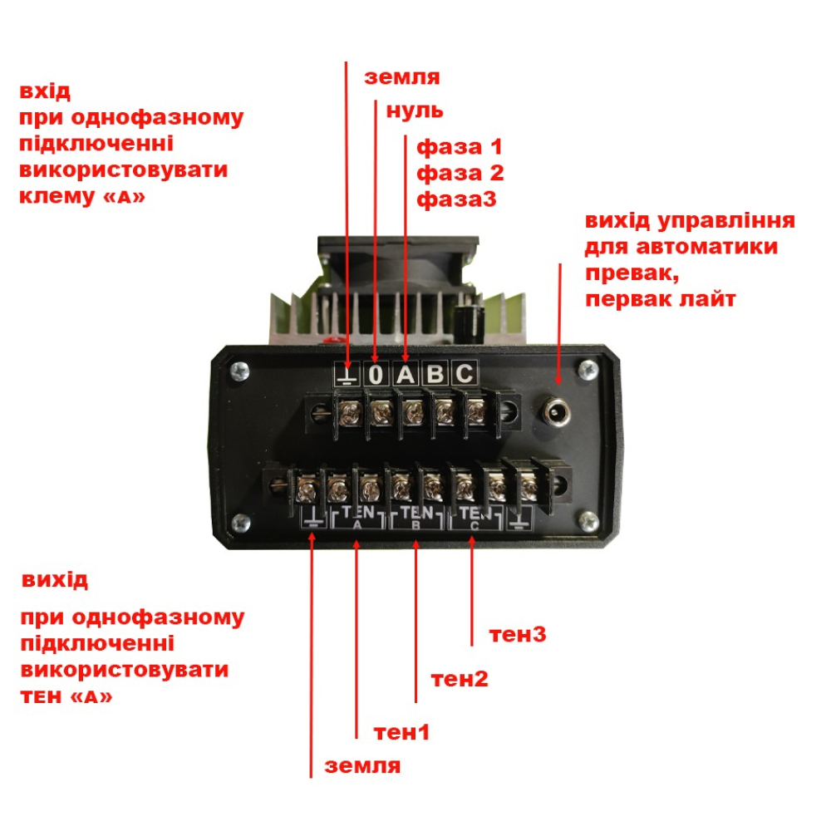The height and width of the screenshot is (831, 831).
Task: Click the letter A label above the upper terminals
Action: click(x=406, y=375)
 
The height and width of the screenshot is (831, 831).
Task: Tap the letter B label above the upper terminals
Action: click(x=435, y=375)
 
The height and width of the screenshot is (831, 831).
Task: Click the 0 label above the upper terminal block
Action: click(x=376, y=375)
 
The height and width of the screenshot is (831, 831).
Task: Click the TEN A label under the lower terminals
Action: click(x=358, y=516)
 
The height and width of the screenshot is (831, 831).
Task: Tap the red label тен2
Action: click(x=460, y=679)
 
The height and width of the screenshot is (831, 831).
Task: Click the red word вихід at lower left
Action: click(x=55, y=579)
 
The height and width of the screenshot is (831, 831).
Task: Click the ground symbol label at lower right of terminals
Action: click(x=519, y=521)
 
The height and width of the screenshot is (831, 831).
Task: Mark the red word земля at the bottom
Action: click(x=363, y=765)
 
